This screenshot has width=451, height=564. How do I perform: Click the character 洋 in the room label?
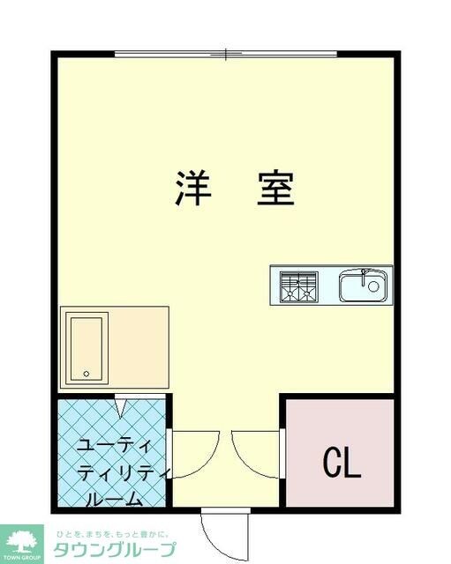pyautogui.click(x=191, y=188)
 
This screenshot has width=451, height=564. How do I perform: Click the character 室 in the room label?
pyautogui.click(x=275, y=188)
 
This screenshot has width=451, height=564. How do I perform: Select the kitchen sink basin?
pyautogui.click(x=362, y=286)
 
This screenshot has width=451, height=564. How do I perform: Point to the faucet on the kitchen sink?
pyautogui.click(x=364, y=274)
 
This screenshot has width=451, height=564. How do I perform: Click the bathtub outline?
pyautogui.click(x=86, y=348)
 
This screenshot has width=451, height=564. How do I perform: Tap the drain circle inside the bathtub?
pyautogui.click(x=86, y=374)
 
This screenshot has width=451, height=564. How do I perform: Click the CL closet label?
pyautogui.click(x=342, y=462)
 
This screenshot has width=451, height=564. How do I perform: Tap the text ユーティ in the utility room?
pyautogui.click(x=116, y=444)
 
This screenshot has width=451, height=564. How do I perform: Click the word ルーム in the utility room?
pyautogui.click(x=114, y=500)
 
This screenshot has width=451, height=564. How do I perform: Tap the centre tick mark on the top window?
pyautogui.click(x=226, y=55)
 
